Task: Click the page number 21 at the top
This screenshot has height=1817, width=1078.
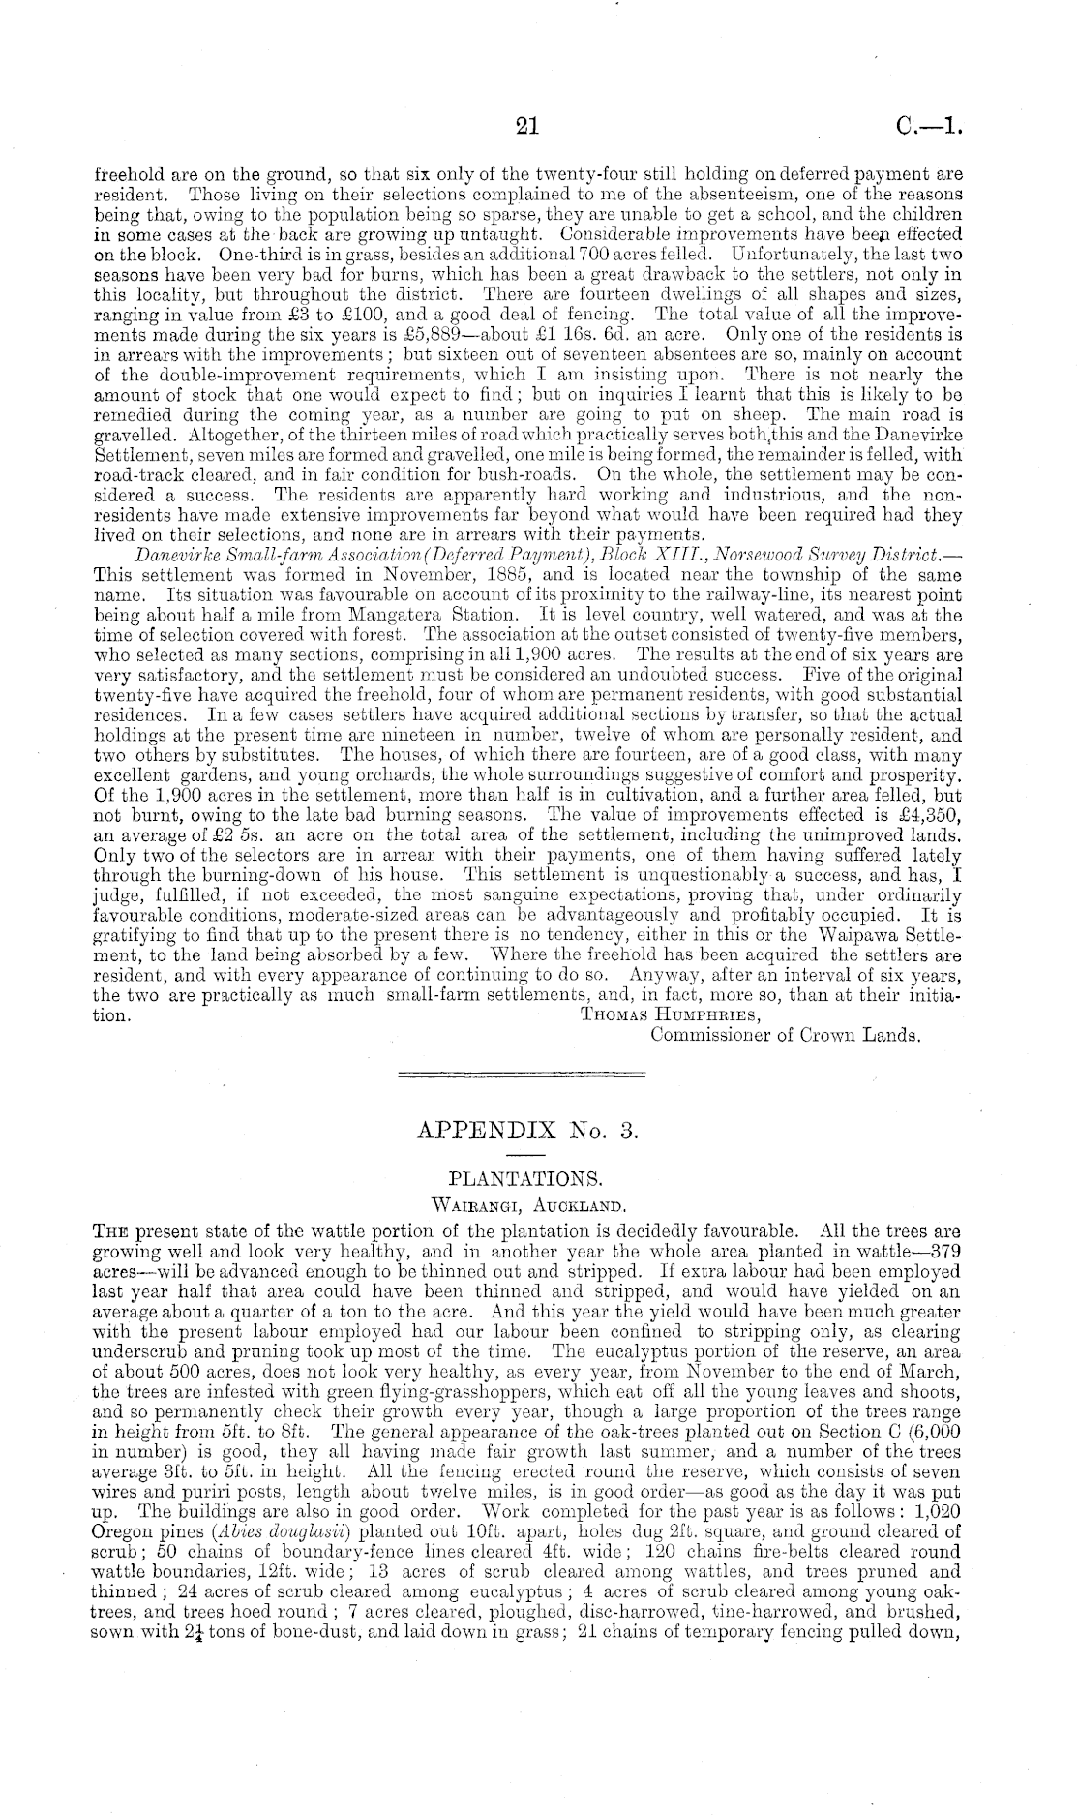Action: click(527, 126)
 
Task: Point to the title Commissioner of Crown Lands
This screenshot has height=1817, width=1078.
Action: click(785, 1035)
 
